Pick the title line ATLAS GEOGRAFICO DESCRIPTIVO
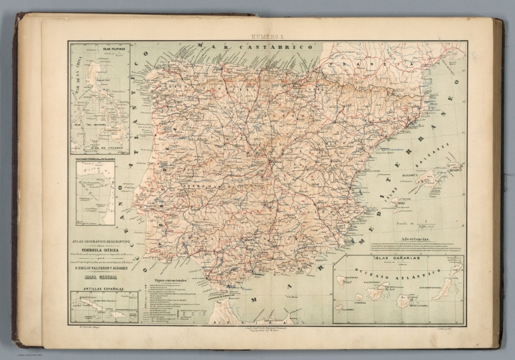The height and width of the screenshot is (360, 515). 101,239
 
